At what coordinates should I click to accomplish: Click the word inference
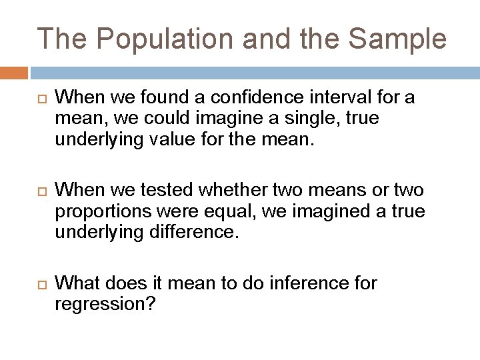coord(305,283)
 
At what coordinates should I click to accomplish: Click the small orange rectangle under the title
coord(14,71)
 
